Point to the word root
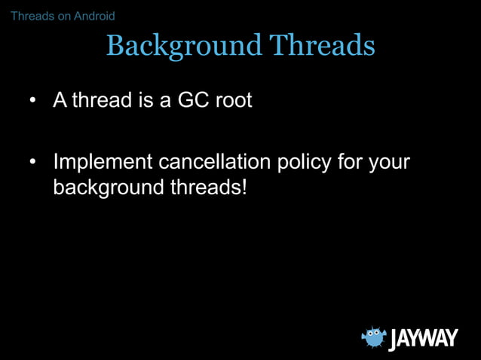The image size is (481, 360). tap(233, 100)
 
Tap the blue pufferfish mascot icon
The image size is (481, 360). tap(372, 337)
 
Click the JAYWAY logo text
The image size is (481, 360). tap(423, 338)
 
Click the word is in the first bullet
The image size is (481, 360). tap(146, 100)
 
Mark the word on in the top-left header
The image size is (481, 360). tap(62, 16)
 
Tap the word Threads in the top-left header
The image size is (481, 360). tap(31, 16)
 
